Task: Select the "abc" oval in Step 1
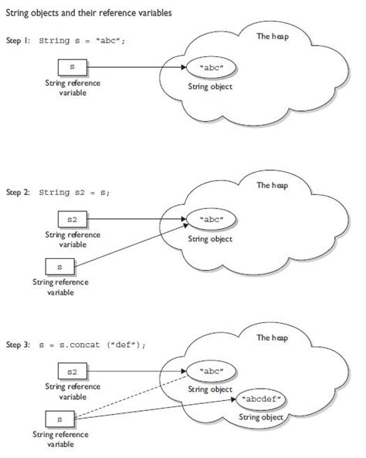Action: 211,69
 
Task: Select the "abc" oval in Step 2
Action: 211,221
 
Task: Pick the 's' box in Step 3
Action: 60,419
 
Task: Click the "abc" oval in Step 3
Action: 211,371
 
